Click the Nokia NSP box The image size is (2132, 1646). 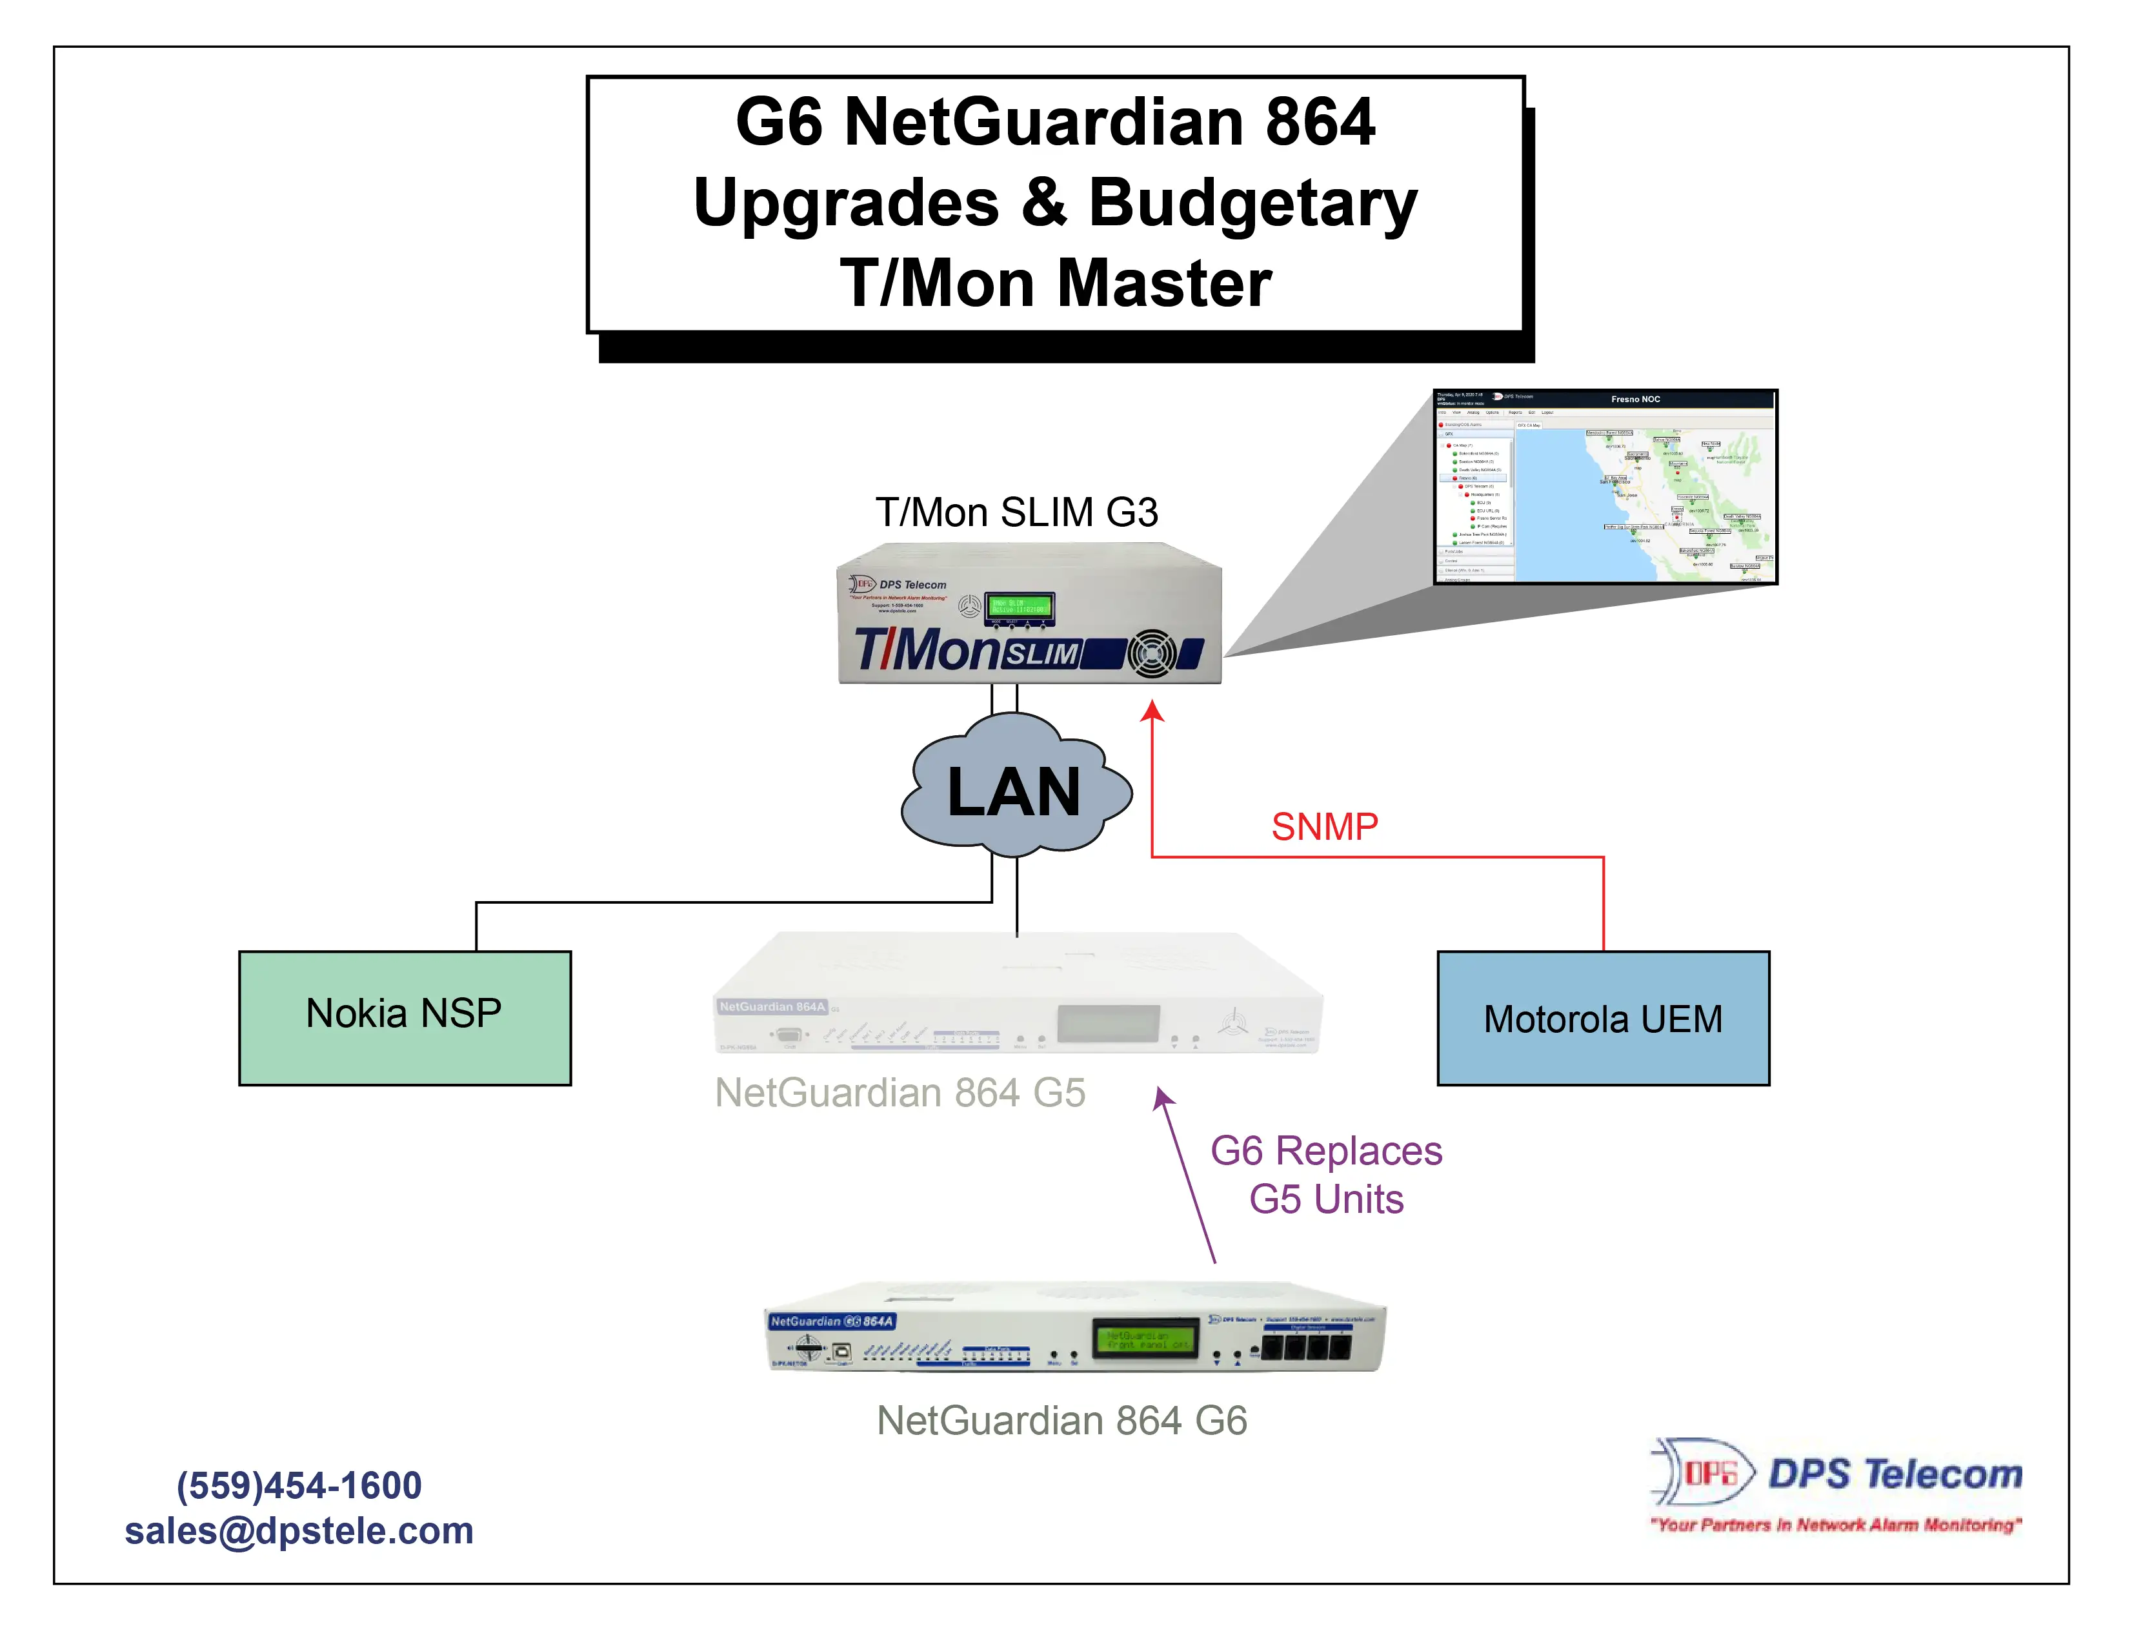pos(404,1017)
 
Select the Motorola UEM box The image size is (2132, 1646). pos(1602,1018)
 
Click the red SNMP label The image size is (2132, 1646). pos(1323,827)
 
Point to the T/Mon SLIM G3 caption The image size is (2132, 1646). pos(1016,513)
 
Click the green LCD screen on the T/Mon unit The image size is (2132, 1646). pos(1019,607)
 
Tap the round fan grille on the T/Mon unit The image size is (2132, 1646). pos(1152,654)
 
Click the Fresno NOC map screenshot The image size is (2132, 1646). pos(1605,487)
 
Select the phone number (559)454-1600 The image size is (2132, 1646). pos(299,1485)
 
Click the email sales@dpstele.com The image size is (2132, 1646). pos(299,1530)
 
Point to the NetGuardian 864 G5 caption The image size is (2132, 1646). pos(899,1092)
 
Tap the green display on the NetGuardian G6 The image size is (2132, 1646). pos(1146,1339)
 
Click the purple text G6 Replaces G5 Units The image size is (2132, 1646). pos(1325,1174)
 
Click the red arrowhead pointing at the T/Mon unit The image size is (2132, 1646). pos(1153,712)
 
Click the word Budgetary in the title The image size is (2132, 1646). pos(1252,203)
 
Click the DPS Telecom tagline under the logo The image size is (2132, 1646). pos(1835,1525)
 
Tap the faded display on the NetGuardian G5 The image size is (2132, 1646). pos(1108,1023)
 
